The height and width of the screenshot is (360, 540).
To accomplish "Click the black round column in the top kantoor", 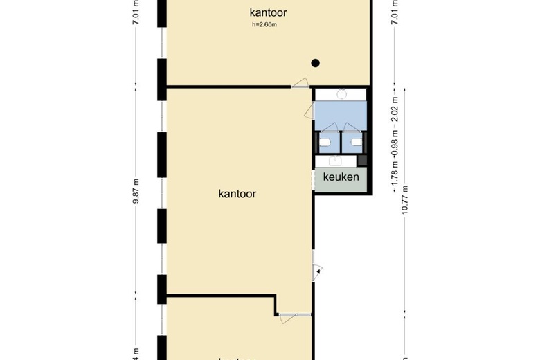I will click(x=315, y=63).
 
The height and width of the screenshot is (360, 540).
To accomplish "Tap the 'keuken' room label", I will click(x=341, y=178).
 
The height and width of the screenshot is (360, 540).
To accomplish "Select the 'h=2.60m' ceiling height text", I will click(x=264, y=26).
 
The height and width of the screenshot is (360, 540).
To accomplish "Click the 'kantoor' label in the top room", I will click(x=269, y=12).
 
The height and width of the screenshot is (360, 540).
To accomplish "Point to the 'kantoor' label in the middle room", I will click(x=237, y=194).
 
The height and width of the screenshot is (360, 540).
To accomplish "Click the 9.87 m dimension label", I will click(x=137, y=191).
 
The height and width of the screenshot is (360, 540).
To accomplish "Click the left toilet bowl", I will click(x=325, y=143).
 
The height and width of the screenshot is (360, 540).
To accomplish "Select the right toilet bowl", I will click(x=355, y=143).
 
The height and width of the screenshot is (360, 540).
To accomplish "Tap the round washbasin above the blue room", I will click(x=341, y=94).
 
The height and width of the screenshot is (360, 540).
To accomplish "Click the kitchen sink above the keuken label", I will click(x=336, y=161).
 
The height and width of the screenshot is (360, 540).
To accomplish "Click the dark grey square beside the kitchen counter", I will click(x=362, y=161).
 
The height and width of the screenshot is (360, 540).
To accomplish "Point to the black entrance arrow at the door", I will click(x=318, y=271).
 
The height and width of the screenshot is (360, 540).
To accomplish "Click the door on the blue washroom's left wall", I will click(x=309, y=111).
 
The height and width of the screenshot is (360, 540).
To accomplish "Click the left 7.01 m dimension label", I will click(x=137, y=12).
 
